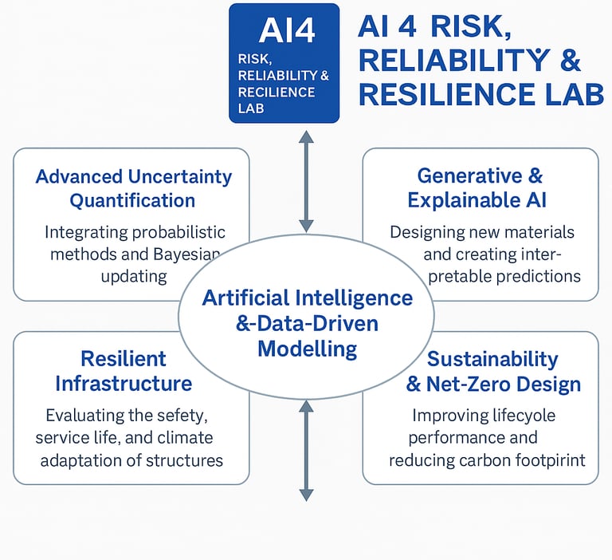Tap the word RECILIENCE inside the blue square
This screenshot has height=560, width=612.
point(277,93)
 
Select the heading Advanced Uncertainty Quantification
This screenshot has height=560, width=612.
point(133,188)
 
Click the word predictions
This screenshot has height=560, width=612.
point(538,277)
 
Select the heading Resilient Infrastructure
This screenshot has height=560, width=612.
point(124,371)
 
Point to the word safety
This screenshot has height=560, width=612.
point(188,416)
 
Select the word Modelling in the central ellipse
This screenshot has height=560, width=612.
point(307,349)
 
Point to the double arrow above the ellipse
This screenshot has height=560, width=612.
point(306,181)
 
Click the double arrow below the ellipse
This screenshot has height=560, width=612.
point(306,450)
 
